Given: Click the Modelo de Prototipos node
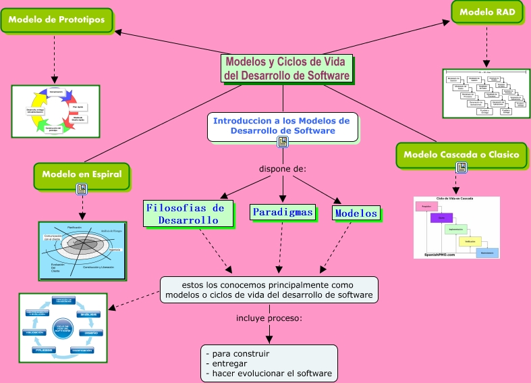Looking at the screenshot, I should [x=56, y=20].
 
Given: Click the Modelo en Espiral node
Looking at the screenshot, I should [x=82, y=174].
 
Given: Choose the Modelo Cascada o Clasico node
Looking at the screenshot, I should [x=461, y=155].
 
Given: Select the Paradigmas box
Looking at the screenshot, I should [x=283, y=212].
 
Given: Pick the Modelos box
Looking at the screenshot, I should [x=356, y=213].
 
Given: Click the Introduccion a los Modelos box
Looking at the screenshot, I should [x=282, y=126].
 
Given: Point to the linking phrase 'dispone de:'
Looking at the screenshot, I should [x=283, y=168].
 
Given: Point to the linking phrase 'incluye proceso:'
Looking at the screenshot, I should [x=269, y=318].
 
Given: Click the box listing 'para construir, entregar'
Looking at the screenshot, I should [x=269, y=363].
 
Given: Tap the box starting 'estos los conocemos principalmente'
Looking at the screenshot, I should [x=269, y=288].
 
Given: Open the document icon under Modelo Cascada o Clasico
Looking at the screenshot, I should [x=461, y=168].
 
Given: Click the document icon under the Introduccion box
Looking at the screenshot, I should [x=283, y=141].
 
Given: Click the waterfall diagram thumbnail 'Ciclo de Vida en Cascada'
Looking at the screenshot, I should [x=456, y=228].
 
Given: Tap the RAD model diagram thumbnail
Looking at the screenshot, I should [x=486, y=93].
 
